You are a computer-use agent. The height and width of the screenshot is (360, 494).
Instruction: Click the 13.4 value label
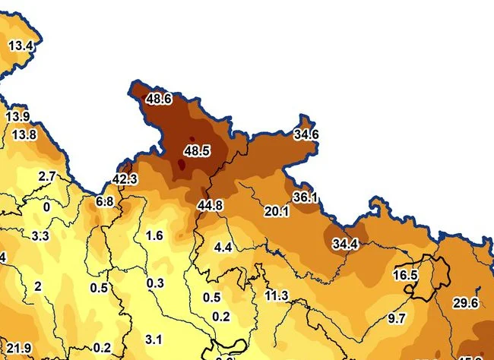[21, 46]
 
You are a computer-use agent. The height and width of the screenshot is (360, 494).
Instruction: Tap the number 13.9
[17, 117]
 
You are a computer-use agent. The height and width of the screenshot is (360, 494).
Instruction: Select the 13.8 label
[24, 134]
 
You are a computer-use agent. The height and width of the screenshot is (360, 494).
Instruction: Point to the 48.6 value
[159, 99]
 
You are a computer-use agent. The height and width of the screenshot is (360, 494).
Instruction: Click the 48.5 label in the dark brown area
[197, 151]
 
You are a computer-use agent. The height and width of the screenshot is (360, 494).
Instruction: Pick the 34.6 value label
[306, 134]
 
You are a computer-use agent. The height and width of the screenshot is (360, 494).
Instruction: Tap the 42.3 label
[125, 179]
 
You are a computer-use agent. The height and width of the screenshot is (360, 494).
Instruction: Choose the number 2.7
[47, 176]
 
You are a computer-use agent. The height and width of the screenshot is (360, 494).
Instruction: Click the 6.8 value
[105, 201]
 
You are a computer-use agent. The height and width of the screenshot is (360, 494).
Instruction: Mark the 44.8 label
[210, 205]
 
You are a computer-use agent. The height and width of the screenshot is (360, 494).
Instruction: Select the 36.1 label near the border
[305, 197]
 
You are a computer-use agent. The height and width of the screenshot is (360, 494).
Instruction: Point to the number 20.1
[276, 211]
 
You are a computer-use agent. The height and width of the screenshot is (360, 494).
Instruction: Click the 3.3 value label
[40, 236]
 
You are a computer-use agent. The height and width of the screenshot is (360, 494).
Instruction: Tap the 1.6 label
[154, 235]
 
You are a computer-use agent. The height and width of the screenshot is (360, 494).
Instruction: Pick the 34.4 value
[345, 244]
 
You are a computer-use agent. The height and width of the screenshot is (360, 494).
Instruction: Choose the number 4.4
[223, 248]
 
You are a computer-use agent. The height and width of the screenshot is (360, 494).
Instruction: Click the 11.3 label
[277, 295]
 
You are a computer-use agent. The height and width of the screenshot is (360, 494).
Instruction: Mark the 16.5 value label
[406, 275]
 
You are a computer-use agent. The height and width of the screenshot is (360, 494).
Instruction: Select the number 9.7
[396, 318]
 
